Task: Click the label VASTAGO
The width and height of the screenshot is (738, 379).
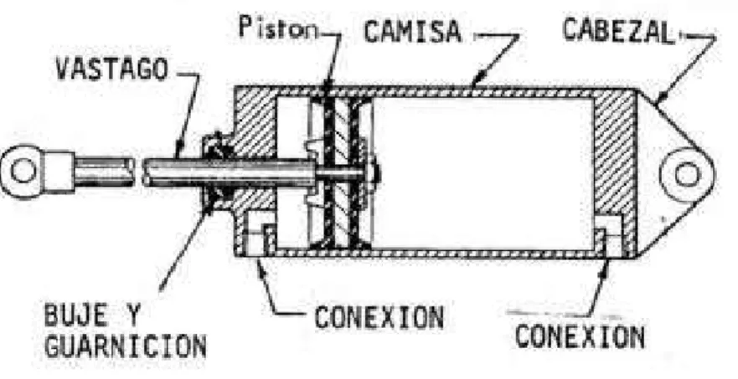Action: pyautogui.click(x=112, y=70)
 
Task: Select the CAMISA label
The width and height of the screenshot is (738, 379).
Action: pyautogui.click(x=413, y=32)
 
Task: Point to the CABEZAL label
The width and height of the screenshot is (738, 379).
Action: pyautogui.click(x=618, y=31)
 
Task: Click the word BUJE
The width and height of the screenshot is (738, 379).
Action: pyautogui.click(x=75, y=315)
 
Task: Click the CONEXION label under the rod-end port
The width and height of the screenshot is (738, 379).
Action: pyautogui.click(x=379, y=317)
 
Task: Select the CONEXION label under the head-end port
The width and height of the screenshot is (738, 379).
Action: pyautogui.click(x=580, y=336)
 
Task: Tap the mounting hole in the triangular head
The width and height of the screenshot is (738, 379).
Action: pyautogui.click(x=687, y=175)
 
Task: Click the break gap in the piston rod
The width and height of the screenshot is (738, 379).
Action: pyautogui.click(x=138, y=172)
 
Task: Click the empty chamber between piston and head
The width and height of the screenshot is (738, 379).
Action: pyautogui.click(x=483, y=173)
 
